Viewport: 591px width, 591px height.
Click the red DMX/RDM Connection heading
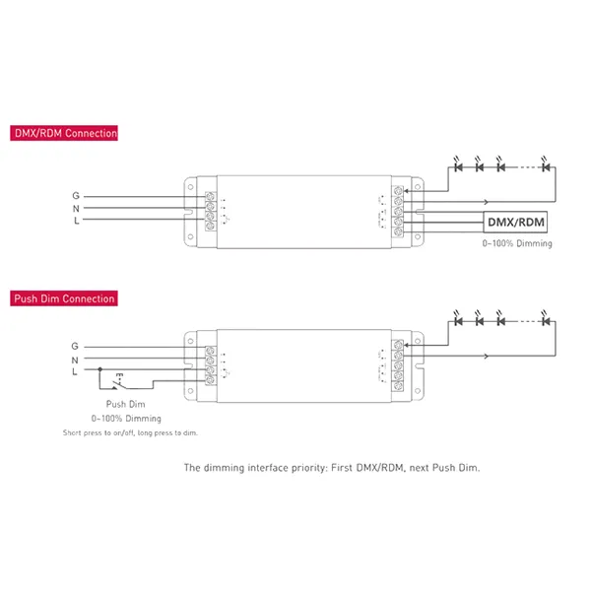pyautogui.click(x=64, y=133)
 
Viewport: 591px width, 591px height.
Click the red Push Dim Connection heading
pyautogui.click(x=64, y=298)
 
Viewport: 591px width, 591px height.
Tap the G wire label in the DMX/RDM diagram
pyautogui.click(x=76, y=195)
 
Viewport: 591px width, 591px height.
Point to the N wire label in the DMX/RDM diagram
pyautogui.click(x=76, y=208)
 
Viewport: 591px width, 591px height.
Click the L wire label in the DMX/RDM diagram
pyautogui.click(x=76, y=221)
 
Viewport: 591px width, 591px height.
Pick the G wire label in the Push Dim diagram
pyautogui.click(x=76, y=347)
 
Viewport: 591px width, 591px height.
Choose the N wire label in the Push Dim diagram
pyautogui.click(x=76, y=361)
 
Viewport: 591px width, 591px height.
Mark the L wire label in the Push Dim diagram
pyautogui.click(x=76, y=373)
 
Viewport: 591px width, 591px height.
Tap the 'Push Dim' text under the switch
pyautogui.click(x=125, y=404)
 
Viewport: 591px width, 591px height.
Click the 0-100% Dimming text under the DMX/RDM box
pyautogui.click(x=516, y=243)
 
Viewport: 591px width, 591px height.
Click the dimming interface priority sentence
pyautogui.click(x=332, y=468)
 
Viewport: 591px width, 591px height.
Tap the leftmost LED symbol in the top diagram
pyautogui.click(x=455, y=166)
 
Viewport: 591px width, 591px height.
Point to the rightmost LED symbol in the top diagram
pyautogui.click(x=548, y=166)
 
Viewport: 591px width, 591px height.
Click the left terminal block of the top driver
pyautogui.click(x=210, y=208)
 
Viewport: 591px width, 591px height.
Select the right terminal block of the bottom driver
pyautogui.click(x=399, y=366)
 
